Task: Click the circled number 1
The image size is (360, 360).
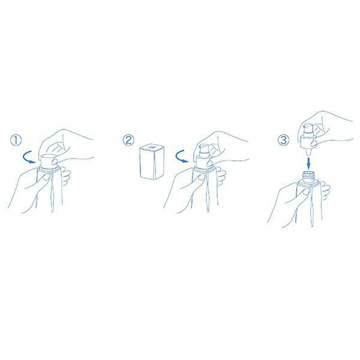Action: pyautogui.click(x=16, y=140)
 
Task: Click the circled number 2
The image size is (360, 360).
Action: pyautogui.click(x=128, y=140)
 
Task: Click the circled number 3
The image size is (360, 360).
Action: pyautogui.click(x=284, y=140)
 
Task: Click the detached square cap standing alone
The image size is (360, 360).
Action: pyautogui.click(x=152, y=161)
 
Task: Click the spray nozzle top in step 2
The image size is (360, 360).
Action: pyautogui.click(x=203, y=151)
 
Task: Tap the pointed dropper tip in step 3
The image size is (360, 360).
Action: pyautogui.click(x=308, y=152)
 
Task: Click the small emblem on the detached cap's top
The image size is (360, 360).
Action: pyautogui.click(x=152, y=147)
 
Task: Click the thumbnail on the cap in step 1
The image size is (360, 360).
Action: pyautogui.click(x=55, y=161)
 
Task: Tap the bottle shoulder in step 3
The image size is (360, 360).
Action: pyautogui.click(x=309, y=183)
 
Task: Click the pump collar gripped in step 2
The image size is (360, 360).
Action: pyautogui.click(x=203, y=161)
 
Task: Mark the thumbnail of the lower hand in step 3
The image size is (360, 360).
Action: pyautogui.click(x=305, y=192)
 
